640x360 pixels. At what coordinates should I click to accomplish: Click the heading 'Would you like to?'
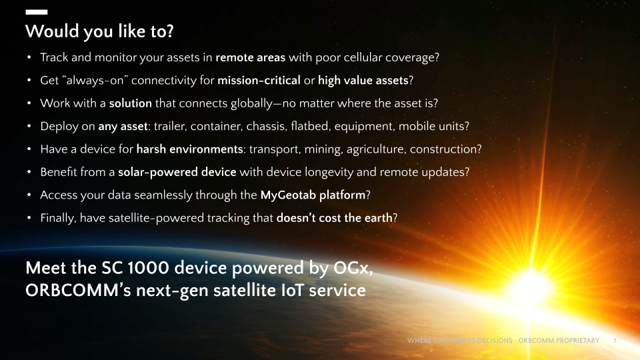[101, 31]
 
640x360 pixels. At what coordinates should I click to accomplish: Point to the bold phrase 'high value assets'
[363, 81]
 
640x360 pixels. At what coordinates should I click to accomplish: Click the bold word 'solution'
[131, 103]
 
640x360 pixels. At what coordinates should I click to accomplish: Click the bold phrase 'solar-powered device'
[177, 172]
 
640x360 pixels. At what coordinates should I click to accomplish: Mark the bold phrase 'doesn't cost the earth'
[335, 218]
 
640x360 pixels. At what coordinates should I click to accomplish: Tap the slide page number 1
[613, 341]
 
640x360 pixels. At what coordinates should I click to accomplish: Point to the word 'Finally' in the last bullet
[57, 218]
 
